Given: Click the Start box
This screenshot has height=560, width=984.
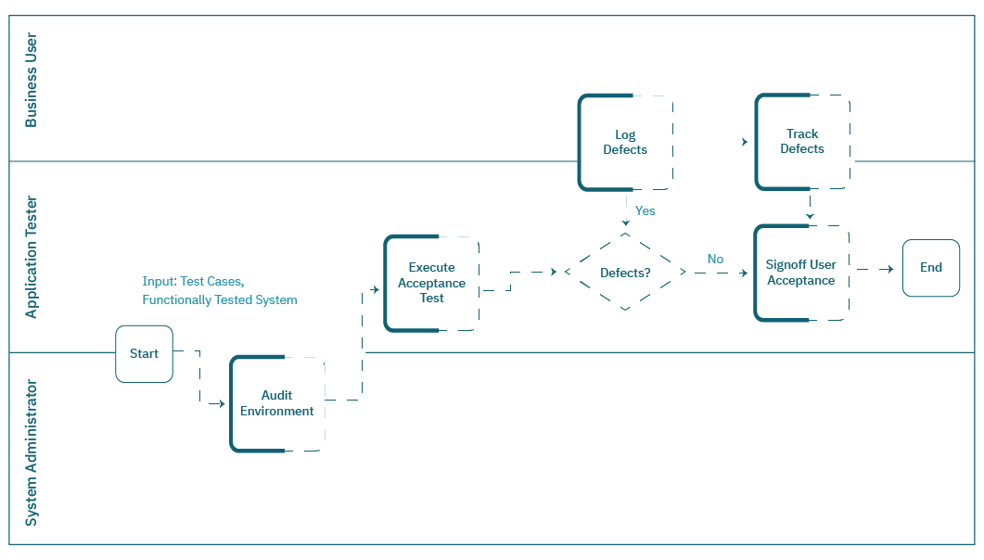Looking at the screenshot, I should point(144,353).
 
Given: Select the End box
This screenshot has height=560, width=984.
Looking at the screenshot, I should point(931,268).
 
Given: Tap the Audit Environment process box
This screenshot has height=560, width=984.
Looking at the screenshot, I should point(277,403).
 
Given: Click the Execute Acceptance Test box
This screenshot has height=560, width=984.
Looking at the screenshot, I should point(431,283).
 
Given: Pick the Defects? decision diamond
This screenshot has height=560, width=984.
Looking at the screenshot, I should point(625,273).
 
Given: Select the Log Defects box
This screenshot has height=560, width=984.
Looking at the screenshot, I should point(625,142).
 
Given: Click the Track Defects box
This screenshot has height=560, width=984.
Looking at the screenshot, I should point(802,141).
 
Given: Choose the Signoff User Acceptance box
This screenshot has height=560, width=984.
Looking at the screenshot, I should point(800,273).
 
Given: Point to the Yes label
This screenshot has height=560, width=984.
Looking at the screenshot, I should point(645,210).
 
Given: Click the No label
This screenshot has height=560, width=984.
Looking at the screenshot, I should point(715,260).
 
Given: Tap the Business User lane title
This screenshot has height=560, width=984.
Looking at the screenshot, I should point(32,80).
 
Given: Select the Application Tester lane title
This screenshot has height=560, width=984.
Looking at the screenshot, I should point(32,257).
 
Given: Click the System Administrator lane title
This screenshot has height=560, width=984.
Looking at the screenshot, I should point(32,452).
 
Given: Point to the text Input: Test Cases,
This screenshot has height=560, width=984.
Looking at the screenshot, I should point(193,281).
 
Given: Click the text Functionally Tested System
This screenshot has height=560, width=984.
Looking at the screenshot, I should point(220,299).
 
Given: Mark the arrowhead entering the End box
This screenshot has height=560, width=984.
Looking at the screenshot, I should point(889,269).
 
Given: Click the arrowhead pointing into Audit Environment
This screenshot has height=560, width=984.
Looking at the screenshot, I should point(221,404).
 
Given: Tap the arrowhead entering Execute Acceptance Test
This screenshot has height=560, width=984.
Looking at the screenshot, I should point(376,289).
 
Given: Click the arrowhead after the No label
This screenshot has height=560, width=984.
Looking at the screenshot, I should point(744,273).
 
